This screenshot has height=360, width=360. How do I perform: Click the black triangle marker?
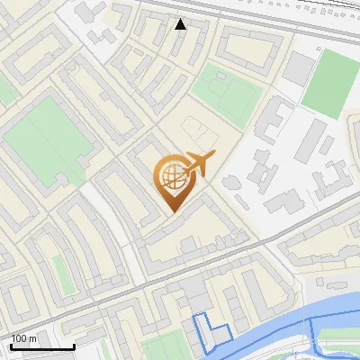[x=181, y=24]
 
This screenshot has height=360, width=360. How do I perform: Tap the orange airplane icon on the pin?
[x=199, y=165]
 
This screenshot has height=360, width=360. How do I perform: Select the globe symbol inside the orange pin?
[x=172, y=178]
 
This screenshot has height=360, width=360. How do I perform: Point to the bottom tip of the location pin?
[x=171, y=211]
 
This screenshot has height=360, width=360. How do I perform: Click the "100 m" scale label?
[x=24, y=337]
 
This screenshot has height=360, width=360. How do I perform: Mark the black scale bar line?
[x=42, y=346]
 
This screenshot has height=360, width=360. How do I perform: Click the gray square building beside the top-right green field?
[x=300, y=67]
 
